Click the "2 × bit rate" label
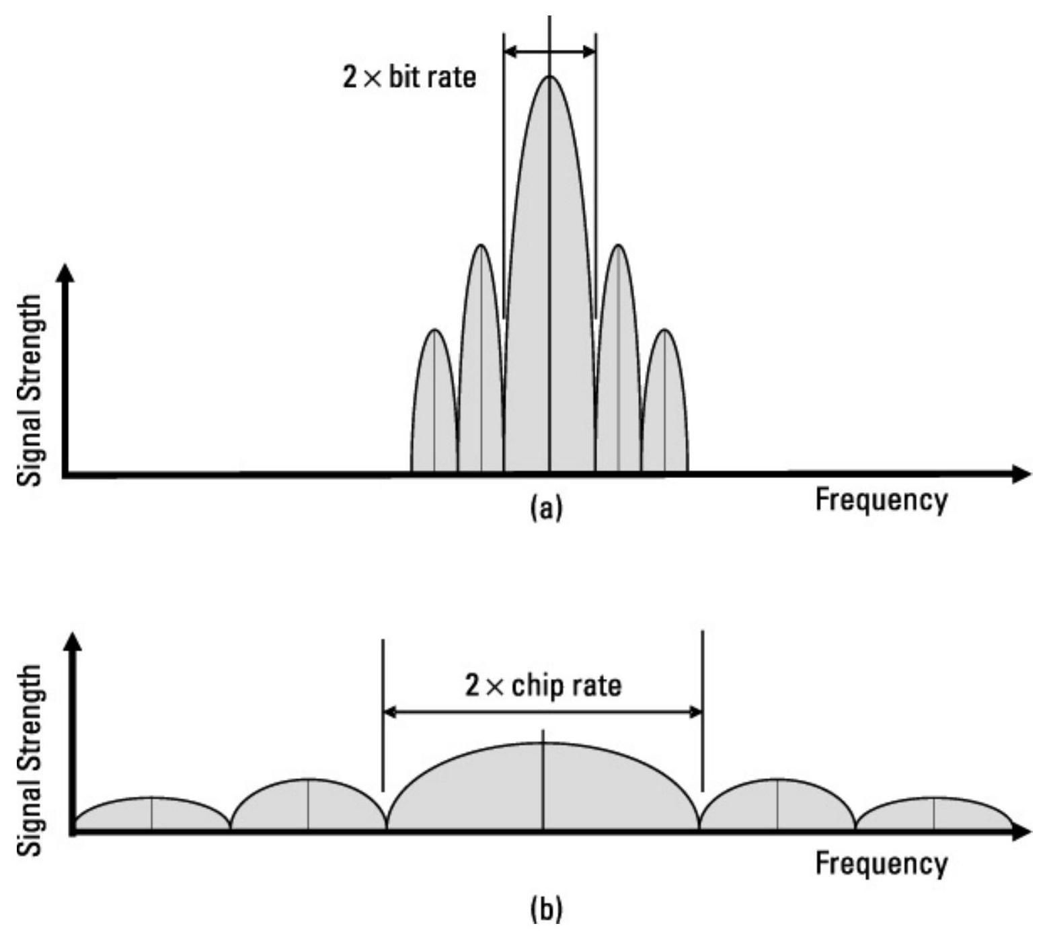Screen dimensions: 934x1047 click(x=409, y=77)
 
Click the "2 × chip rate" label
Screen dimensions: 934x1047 click(x=543, y=685)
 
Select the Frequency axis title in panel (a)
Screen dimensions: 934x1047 click(x=881, y=500)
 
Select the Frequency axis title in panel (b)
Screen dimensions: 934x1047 click(x=881, y=863)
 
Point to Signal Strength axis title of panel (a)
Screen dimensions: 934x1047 click(x=30, y=390)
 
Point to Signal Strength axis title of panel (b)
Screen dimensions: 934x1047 click(x=30, y=760)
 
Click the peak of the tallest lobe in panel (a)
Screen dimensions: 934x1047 click(x=549, y=77)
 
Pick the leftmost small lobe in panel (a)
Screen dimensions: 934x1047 click(x=434, y=403)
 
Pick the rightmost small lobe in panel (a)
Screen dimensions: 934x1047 click(x=664, y=403)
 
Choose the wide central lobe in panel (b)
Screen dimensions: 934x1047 click(x=543, y=787)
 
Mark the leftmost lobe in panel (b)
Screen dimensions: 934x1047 click(x=152, y=814)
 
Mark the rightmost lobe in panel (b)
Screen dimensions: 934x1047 click(x=933, y=814)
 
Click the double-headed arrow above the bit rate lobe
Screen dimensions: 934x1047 click(x=549, y=52)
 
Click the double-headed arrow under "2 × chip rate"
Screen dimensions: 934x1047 click(x=543, y=711)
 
